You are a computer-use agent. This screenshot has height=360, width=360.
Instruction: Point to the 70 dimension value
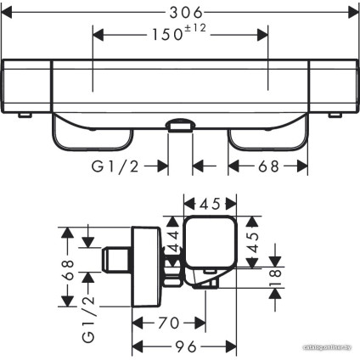[x=169, y=323]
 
